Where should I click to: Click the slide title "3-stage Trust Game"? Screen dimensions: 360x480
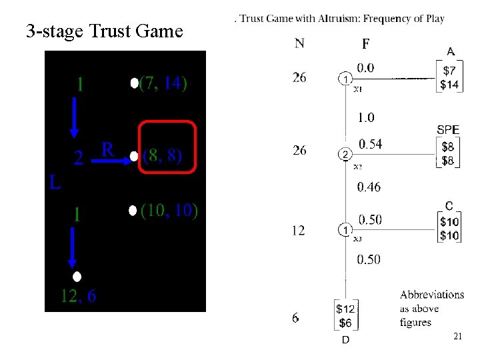[x=104, y=31]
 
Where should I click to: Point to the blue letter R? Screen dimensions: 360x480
[x=107, y=149]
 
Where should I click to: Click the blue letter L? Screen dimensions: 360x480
[x=56, y=182]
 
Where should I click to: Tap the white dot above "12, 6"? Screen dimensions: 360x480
[x=77, y=277]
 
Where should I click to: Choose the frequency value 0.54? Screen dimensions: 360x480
[x=370, y=144]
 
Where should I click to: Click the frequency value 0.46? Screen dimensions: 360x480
[x=369, y=187]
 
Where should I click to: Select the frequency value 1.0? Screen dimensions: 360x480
[x=366, y=117]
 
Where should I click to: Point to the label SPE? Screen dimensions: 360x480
[x=448, y=130]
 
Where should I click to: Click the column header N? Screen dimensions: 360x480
[x=300, y=44]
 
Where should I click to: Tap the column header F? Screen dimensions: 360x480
[x=365, y=44]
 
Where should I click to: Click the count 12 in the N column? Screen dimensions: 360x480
[x=299, y=230]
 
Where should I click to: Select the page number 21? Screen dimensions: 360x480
[x=457, y=337]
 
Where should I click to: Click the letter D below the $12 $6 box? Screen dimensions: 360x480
[x=345, y=340]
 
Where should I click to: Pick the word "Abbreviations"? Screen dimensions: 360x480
[x=432, y=295]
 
